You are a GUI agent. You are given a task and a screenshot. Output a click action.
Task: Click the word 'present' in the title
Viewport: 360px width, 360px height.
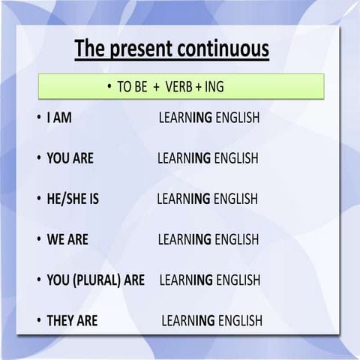(x=142, y=49)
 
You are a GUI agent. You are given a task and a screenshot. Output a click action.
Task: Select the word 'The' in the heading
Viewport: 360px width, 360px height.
(x=90, y=49)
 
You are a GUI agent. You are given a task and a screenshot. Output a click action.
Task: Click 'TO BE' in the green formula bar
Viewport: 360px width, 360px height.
(x=132, y=87)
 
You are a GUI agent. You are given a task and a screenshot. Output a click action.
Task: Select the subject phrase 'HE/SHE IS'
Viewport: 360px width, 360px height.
(x=73, y=199)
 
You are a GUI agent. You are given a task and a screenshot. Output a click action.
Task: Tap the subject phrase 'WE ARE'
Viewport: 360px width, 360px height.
(x=67, y=239)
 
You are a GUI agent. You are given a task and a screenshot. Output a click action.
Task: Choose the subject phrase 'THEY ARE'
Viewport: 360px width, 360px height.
(x=72, y=320)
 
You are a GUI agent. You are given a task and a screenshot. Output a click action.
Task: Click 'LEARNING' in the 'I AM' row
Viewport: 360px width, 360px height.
(x=185, y=118)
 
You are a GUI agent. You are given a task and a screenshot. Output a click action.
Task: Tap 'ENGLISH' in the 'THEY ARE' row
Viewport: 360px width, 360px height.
(x=240, y=321)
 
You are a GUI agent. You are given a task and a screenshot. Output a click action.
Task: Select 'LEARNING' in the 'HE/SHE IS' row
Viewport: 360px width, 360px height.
(x=184, y=199)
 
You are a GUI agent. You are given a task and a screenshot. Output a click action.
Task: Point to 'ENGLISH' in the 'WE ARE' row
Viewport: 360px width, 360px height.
(x=236, y=239)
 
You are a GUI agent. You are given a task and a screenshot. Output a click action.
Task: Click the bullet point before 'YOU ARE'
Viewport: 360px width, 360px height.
(x=38, y=159)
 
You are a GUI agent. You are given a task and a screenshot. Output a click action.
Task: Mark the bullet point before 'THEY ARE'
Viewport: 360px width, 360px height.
(x=38, y=320)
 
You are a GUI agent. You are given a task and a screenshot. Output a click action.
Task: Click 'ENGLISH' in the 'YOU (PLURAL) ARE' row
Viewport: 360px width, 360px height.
(x=238, y=280)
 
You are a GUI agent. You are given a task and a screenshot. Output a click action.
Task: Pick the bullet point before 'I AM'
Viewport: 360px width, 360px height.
(x=38, y=118)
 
